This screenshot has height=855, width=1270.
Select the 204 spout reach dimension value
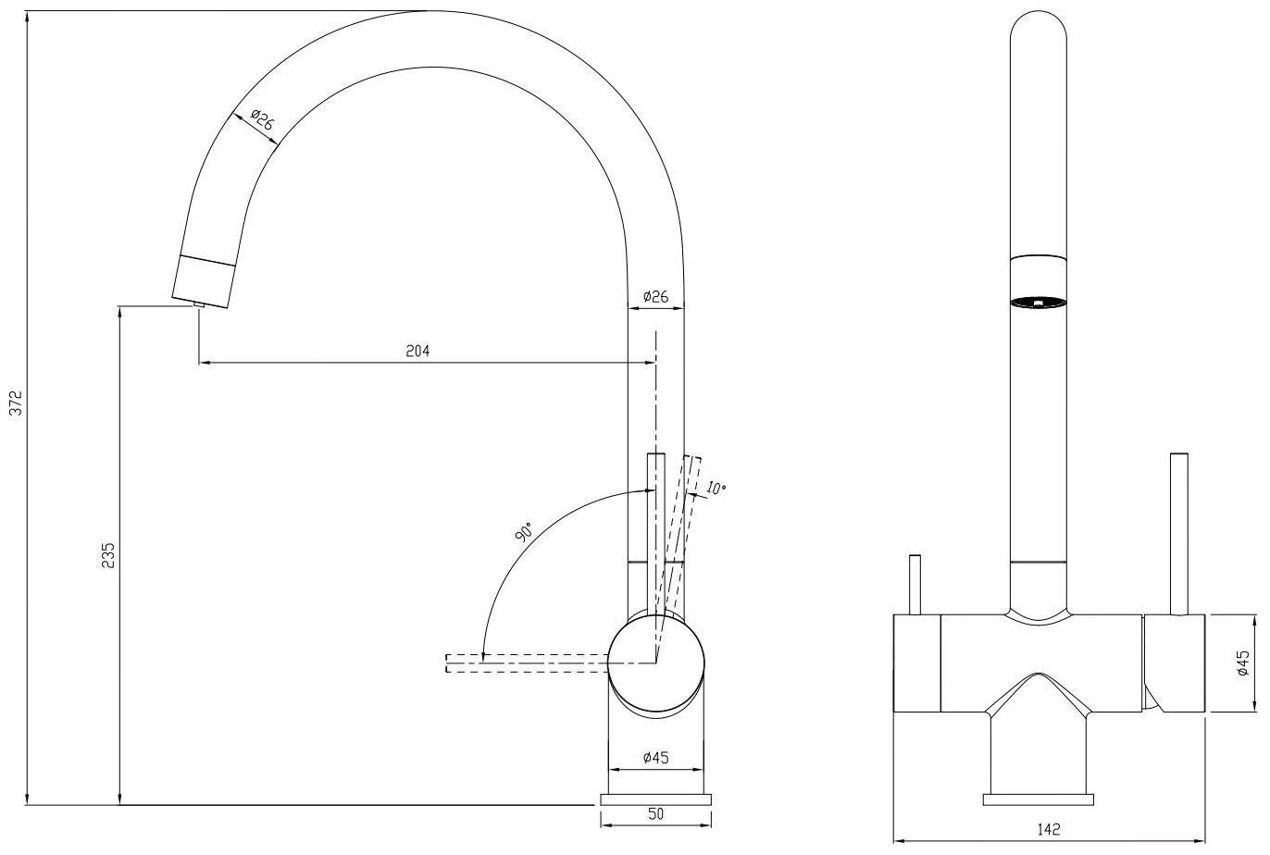point(418,351)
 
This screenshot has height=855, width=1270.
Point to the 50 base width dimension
point(655,813)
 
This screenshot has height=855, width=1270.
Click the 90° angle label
point(524,533)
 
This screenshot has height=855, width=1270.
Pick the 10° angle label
point(716,488)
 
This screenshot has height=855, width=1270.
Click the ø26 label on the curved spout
point(261,121)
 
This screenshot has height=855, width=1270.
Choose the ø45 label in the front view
point(1245,663)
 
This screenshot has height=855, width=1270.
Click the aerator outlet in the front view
point(1039,301)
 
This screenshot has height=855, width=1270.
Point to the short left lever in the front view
point(915,584)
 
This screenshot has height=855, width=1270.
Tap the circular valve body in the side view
point(655,663)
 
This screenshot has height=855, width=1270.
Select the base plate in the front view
point(1039,799)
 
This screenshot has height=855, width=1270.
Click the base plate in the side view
point(655,799)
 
